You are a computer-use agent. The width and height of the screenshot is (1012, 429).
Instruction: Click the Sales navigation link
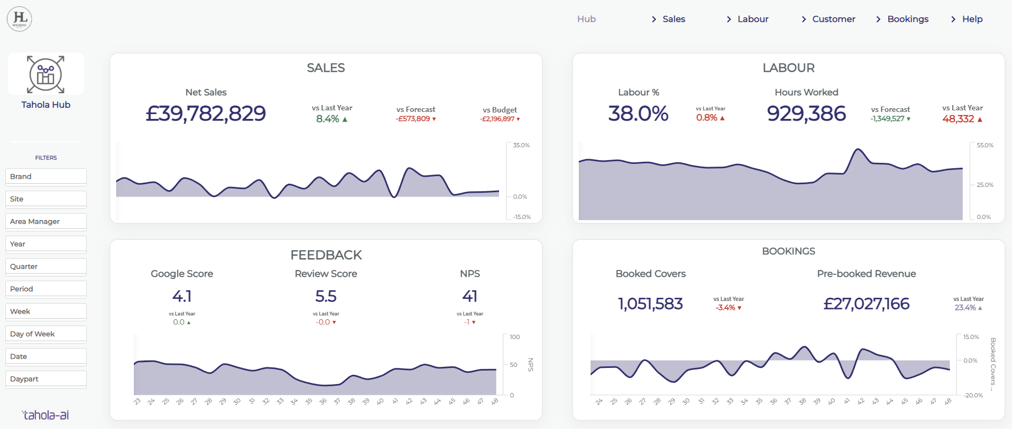[x=674, y=19]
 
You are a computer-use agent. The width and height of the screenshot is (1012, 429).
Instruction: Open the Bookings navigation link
[x=908, y=19]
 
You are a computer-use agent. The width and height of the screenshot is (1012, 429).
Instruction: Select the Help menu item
[x=972, y=19]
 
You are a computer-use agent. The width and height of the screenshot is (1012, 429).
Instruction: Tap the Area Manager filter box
[x=46, y=222]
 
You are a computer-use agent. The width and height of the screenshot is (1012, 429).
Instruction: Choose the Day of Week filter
[x=46, y=334]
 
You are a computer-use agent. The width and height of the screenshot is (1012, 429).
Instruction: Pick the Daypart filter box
[x=46, y=379]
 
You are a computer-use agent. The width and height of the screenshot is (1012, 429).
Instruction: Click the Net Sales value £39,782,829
[x=206, y=114]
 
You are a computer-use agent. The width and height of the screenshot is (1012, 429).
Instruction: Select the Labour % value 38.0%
[x=638, y=114]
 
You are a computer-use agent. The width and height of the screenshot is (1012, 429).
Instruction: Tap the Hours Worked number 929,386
[x=806, y=114]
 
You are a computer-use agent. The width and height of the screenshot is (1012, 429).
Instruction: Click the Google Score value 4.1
[x=182, y=296]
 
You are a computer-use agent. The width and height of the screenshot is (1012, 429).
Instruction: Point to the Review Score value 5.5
[x=326, y=296]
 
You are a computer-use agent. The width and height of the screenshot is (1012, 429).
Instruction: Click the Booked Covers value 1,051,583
[x=651, y=304]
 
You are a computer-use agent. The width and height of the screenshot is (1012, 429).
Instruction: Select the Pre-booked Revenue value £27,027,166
[x=866, y=304]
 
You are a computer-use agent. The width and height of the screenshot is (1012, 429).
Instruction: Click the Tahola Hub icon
[x=46, y=74]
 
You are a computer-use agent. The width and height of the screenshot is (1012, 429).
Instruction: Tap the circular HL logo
[x=19, y=19]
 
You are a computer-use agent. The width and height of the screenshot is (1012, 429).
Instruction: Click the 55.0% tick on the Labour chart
[x=985, y=145]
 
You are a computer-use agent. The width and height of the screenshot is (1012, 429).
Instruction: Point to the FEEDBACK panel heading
[x=326, y=255]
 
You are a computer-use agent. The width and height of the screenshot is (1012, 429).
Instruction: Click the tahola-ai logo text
[x=46, y=415]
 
